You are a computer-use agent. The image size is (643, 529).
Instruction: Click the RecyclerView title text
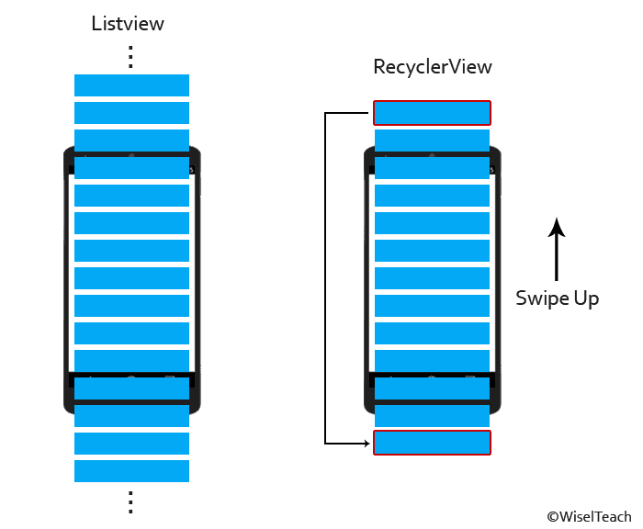tap(432, 67)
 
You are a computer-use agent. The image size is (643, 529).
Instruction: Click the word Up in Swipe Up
tap(586, 298)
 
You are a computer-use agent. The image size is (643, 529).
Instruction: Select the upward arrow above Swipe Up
tap(556, 248)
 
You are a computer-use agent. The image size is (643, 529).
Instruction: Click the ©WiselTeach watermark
tap(589, 517)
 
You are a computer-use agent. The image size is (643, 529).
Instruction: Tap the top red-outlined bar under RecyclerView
tap(432, 113)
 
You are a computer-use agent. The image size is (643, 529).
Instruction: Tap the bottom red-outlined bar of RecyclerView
tap(432, 443)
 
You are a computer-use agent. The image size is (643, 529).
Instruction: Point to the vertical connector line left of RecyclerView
tap(326, 276)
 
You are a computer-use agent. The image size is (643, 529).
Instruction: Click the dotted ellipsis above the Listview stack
tap(130, 56)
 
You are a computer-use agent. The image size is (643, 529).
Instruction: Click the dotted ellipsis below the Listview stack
tap(130, 501)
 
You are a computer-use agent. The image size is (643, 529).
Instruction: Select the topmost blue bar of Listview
tap(131, 85)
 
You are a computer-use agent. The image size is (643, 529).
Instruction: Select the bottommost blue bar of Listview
tap(131, 471)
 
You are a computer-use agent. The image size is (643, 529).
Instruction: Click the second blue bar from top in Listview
tap(131, 113)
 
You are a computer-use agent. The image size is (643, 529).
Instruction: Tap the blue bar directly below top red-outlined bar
tap(432, 141)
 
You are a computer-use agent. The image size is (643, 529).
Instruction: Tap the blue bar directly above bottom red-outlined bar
tap(432, 416)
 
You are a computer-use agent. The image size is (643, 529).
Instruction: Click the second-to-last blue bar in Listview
tap(131, 444)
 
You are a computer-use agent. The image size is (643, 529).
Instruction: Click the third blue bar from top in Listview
tap(131, 141)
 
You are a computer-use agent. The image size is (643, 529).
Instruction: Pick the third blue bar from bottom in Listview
tap(131, 416)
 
